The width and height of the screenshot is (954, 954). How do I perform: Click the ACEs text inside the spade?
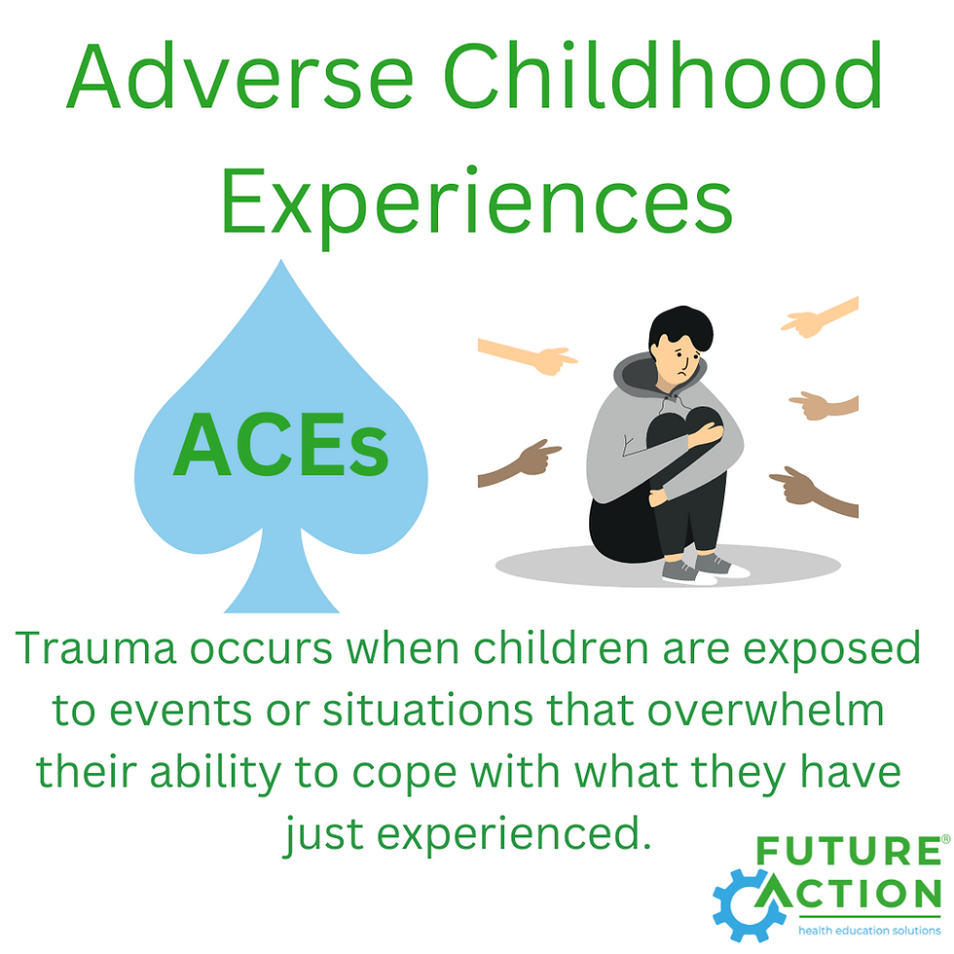click(280, 447)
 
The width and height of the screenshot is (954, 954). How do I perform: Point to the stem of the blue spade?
click(280, 579)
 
